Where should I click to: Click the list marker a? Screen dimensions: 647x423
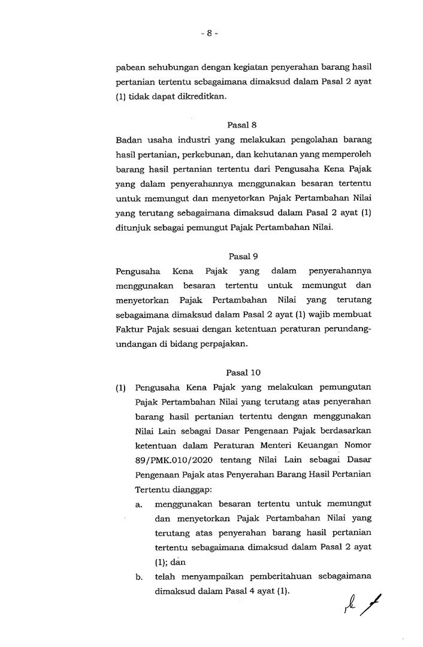[138, 505]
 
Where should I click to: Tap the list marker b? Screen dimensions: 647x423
[138, 578]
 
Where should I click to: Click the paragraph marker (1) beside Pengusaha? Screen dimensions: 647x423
[120, 387]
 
